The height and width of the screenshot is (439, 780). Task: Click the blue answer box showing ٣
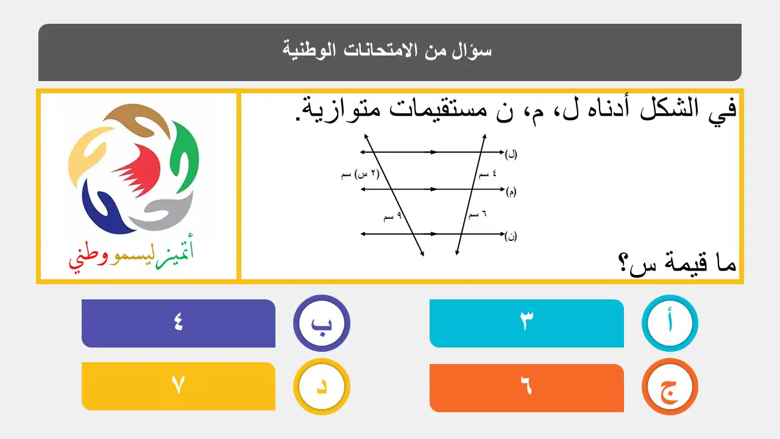526,323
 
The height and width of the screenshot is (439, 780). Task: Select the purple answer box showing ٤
179,323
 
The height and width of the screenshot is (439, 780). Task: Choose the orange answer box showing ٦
526,388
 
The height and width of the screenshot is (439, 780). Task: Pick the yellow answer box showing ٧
179,387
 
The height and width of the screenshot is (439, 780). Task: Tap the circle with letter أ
670,323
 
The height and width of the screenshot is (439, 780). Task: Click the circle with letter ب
321,323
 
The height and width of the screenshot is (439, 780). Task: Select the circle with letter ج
670,387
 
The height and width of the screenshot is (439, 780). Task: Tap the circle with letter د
321,387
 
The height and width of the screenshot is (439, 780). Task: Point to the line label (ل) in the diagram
511,154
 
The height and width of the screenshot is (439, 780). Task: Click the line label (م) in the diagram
511,192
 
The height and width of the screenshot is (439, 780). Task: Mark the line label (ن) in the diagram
511,237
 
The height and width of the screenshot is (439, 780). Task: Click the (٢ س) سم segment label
360,174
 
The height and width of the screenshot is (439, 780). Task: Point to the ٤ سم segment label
487,174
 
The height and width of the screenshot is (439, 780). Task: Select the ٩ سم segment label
392,216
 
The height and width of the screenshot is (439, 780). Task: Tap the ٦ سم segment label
477,214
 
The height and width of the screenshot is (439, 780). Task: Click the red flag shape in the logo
137,171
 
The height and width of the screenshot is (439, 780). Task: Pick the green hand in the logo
185,157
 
